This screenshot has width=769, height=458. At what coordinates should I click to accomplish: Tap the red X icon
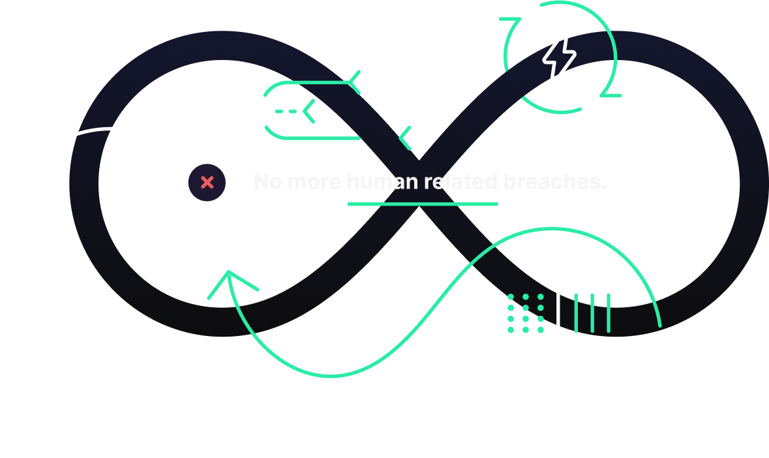click(207, 183)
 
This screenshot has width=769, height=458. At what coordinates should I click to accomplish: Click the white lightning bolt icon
click(560, 57)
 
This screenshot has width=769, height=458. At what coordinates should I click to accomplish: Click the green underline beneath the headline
click(422, 204)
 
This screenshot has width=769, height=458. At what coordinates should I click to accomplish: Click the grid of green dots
click(526, 314)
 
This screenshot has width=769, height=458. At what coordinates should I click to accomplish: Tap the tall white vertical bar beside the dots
click(558, 311)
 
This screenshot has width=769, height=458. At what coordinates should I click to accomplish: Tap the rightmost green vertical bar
click(609, 313)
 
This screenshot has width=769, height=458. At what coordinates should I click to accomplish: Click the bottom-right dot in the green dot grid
click(541, 330)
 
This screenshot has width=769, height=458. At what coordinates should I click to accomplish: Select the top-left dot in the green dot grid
click(511, 298)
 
